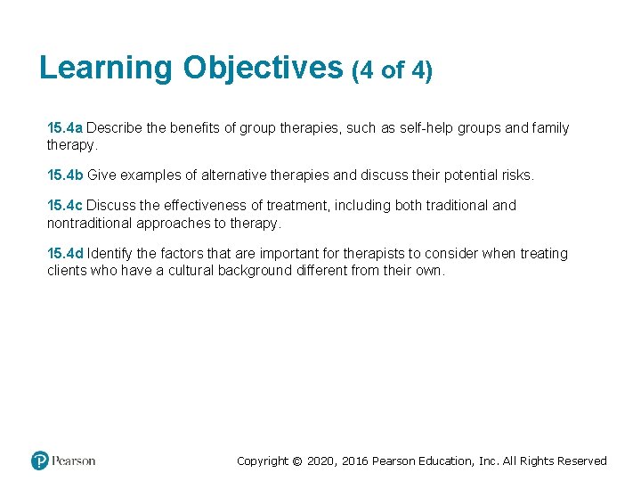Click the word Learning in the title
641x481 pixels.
click(107, 68)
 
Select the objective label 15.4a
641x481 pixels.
click(65, 128)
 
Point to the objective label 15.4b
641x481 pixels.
click(65, 175)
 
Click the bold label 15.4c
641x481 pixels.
click(65, 206)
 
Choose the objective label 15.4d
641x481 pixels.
click(65, 254)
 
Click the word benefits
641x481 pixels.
click(193, 128)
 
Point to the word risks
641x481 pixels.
click(515, 175)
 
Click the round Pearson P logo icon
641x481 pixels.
click(40, 461)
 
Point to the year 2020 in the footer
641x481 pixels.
click(323, 461)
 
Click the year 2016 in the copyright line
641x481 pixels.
click(356, 461)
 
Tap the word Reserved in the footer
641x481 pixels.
click(581, 461)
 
